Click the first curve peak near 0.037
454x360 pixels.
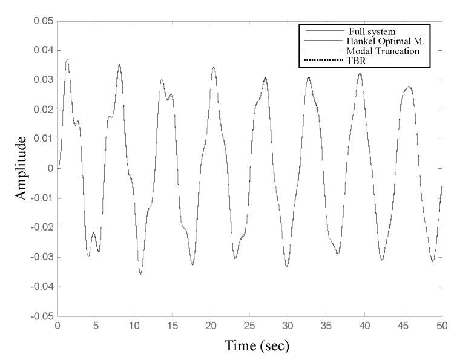point(67,59)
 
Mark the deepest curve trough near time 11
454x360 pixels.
point(141,274)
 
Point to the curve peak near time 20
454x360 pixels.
point(214,67)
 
